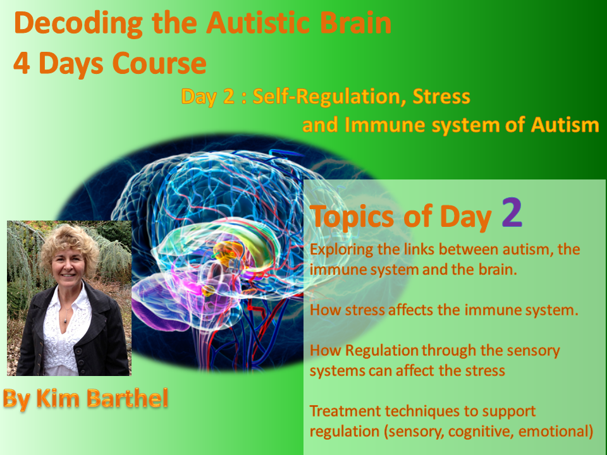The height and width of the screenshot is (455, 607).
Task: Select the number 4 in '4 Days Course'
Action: click(x=21, y=63)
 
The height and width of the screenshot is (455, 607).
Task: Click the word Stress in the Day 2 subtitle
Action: click(x=441, y=96)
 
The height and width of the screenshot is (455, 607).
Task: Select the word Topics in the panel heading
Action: click(x=352, y=217)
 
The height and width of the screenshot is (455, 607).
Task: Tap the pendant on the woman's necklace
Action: click(x=64, y=320)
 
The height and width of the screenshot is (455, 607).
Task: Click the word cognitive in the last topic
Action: click(x=481, y=431)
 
